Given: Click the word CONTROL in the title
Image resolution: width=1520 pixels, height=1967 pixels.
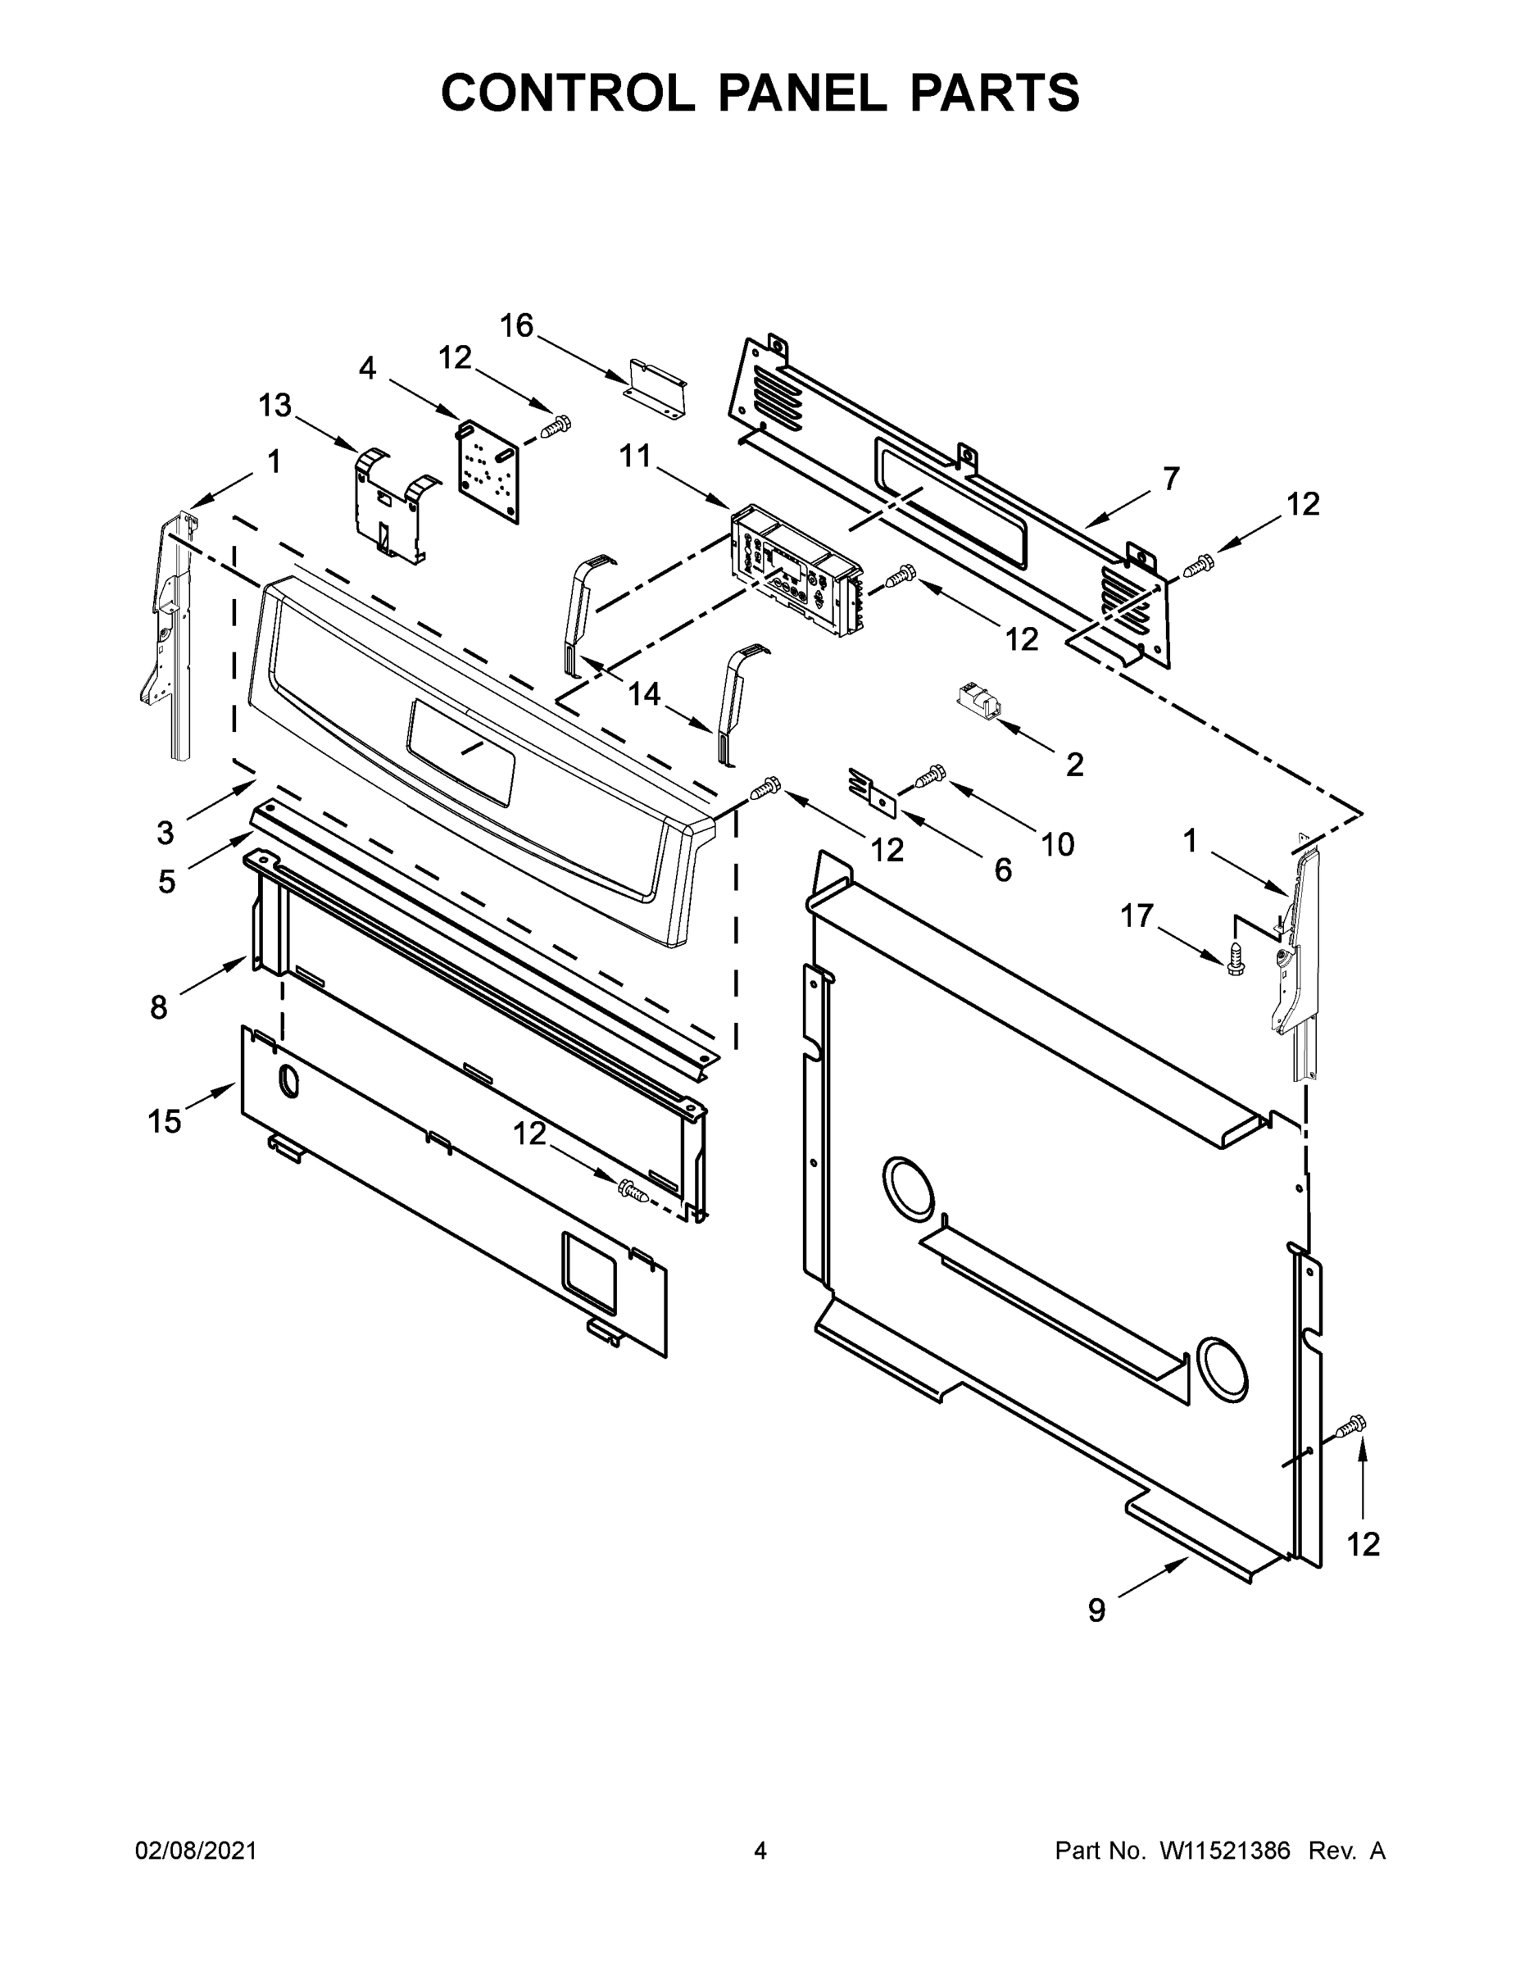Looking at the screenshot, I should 567,93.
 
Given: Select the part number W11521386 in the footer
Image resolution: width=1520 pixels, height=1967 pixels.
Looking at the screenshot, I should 1225,1850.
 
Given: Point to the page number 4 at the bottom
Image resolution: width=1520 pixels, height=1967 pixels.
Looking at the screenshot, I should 760,1850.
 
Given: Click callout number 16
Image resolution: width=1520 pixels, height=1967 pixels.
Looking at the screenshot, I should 517,325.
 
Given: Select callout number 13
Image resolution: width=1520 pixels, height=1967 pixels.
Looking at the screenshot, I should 275,406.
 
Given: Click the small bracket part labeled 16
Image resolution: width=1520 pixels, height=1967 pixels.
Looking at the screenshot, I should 657,388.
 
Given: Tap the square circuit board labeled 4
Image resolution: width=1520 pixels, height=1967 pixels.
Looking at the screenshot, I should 488,470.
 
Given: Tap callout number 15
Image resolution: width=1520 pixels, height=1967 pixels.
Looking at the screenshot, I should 165,1121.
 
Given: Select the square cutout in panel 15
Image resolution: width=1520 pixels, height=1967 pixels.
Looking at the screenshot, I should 590,1270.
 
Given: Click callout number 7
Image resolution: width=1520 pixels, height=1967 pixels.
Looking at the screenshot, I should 1170,479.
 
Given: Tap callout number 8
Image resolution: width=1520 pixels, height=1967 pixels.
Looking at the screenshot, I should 158,1007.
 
